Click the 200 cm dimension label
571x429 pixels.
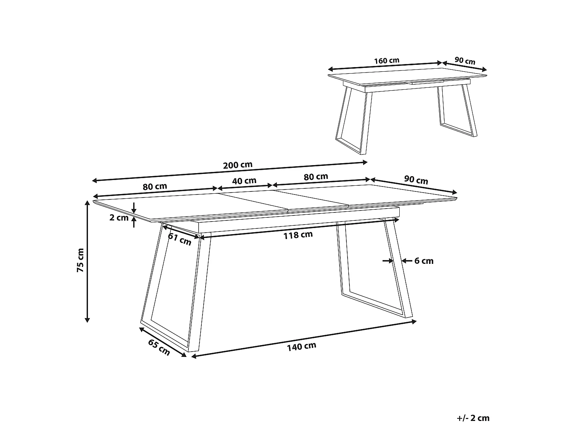pos(238,165)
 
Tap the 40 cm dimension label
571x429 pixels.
pos(244,180)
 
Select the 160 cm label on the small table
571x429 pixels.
pos(386,61)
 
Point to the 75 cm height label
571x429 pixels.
pos(80,260)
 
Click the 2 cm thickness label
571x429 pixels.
pos(119,218)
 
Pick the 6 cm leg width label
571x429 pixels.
pos(424,261)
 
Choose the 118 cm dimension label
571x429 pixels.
pos(298,235)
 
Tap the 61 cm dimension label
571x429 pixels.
pos(180,239)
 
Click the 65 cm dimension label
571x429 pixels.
pos(159,347)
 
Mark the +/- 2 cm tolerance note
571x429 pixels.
pos(473,418)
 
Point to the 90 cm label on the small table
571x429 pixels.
pos(465,61)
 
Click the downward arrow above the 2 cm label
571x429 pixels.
pos(134,208)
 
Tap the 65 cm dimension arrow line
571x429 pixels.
pos(163,342)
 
